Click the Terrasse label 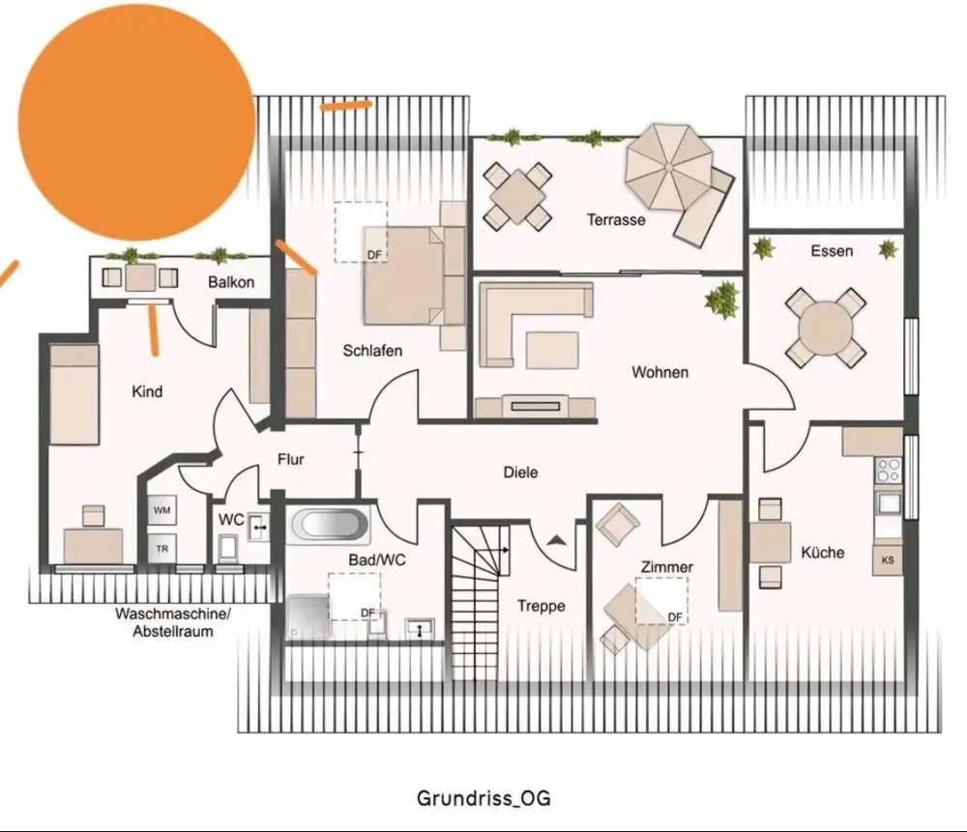coord(615,220)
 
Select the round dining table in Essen coord(826,329)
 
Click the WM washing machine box coord(161,510)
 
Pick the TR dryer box coord(161,549)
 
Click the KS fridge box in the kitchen coord(888,560)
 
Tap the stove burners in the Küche coord(889,471)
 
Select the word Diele coord(520,473)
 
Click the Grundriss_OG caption coord(483,798)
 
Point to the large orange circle coord(137,122)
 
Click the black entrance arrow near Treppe coord(557,540)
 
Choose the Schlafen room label coord(372,351)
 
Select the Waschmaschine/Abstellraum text coord(173,622)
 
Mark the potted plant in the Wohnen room coord(722,300)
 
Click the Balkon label coord(231,282)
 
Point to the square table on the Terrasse coord(517,196)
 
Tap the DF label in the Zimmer coord(675,617)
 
